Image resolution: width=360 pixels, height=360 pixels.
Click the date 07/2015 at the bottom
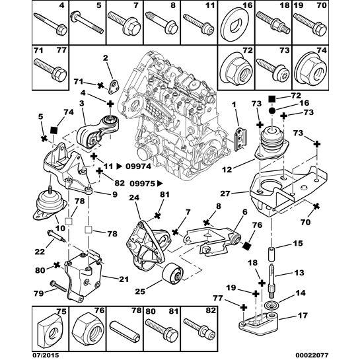click(x=46, y=355)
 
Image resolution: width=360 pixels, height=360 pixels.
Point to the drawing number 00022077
click(x=313, y=355)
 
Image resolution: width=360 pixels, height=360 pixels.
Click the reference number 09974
click(x=139, y=166)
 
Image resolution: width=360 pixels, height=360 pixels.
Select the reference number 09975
click(x=143, y=184)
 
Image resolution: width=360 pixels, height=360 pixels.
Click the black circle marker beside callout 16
click(x=272, y=111)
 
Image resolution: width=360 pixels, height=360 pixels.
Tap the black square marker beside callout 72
click(x=272, y=98)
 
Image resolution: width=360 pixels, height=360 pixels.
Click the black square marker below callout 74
click(x=54, y=130)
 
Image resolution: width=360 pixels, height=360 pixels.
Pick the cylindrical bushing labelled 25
click(x=172, y=272)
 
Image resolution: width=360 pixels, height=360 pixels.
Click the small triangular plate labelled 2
click(x=113, y=87)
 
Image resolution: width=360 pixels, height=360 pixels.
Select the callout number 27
click(x=225, y=194)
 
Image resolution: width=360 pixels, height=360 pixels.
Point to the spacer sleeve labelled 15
click(x=272, y=254)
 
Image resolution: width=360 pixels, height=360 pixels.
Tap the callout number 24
click(x=134, y=198)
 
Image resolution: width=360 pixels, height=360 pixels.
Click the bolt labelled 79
click(x=59, y=286)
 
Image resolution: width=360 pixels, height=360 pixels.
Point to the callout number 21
click(x=124, y=279)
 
